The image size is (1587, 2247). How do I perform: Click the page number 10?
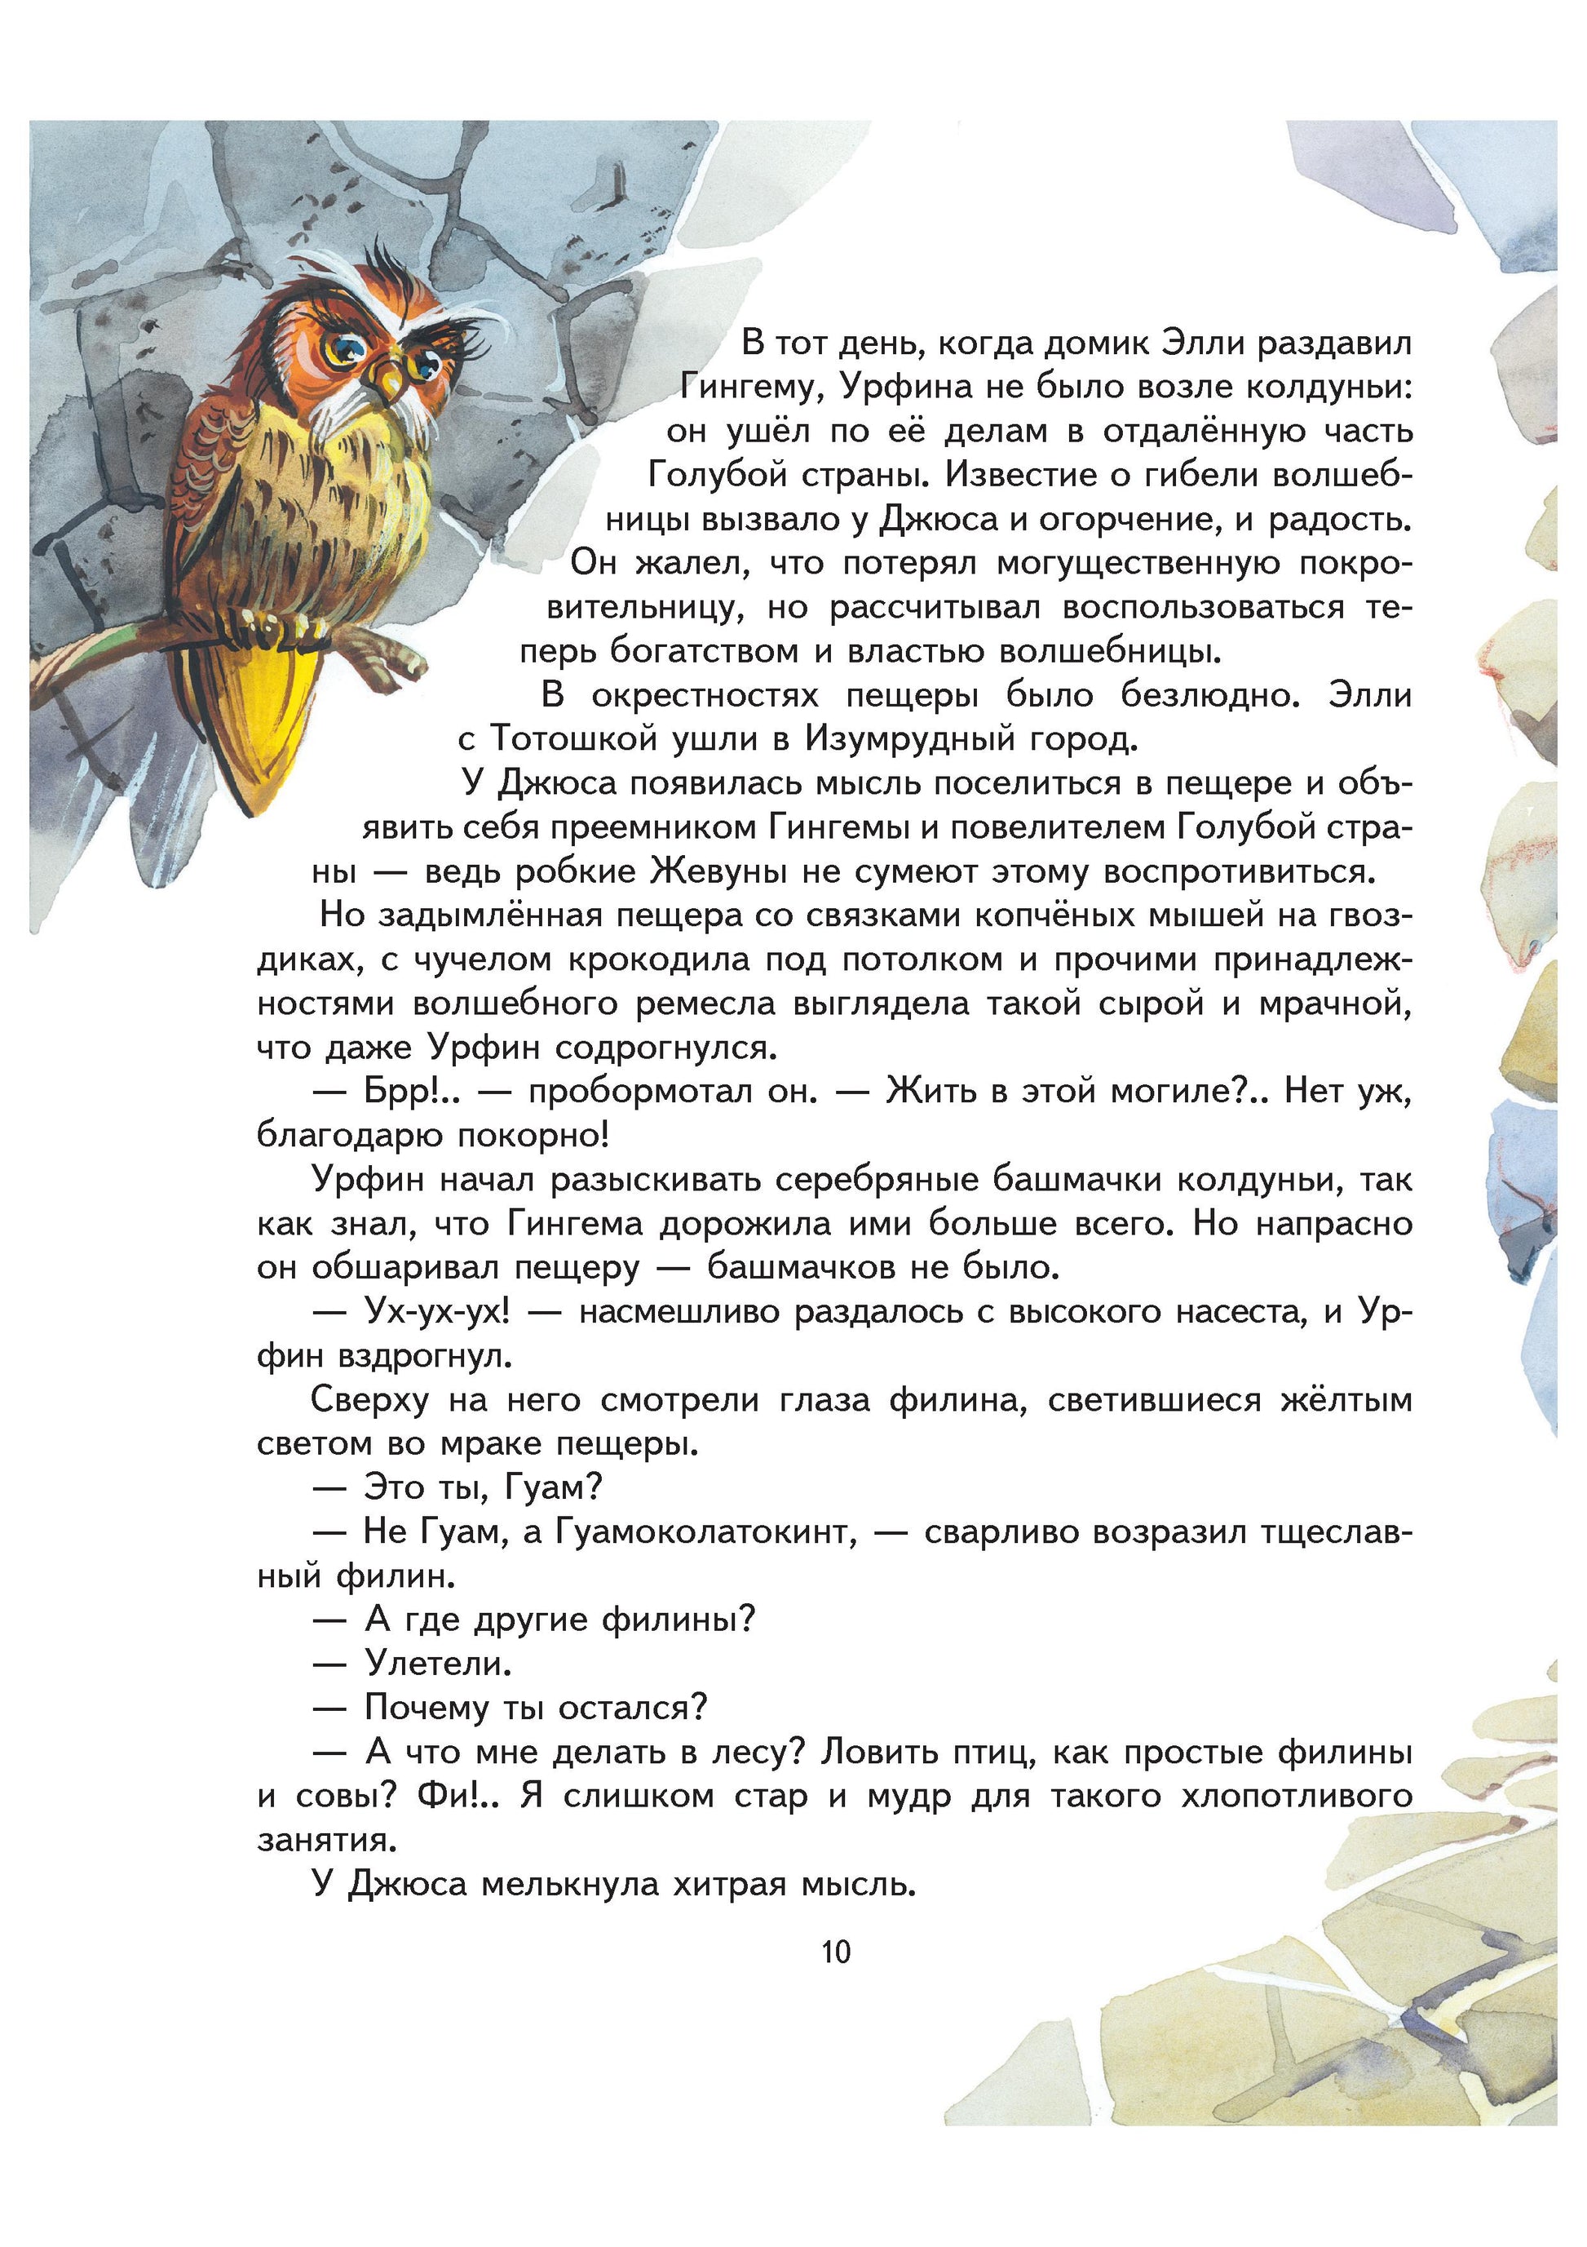coord(836,1952)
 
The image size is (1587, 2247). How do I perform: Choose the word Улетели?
coord(437,1664)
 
